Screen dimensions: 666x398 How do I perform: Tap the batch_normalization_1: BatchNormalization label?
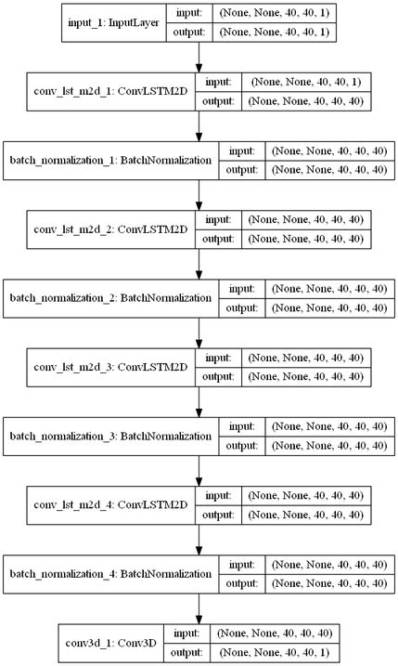tap(111, 159)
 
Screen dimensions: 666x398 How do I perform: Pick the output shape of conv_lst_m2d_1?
tap(306, 101)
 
